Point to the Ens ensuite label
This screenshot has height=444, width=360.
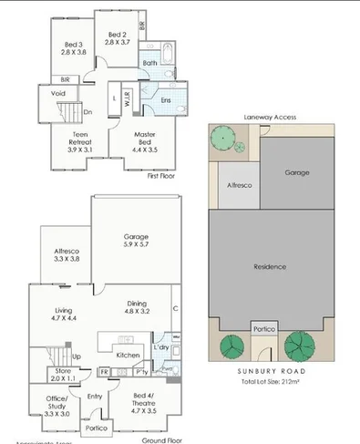[166, 99]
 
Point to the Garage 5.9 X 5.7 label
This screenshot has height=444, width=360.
[137, 241]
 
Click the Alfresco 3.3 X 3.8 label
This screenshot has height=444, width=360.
[64, 254]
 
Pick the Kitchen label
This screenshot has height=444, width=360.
[128, 354]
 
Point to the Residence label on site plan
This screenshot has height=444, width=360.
[271, 266]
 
